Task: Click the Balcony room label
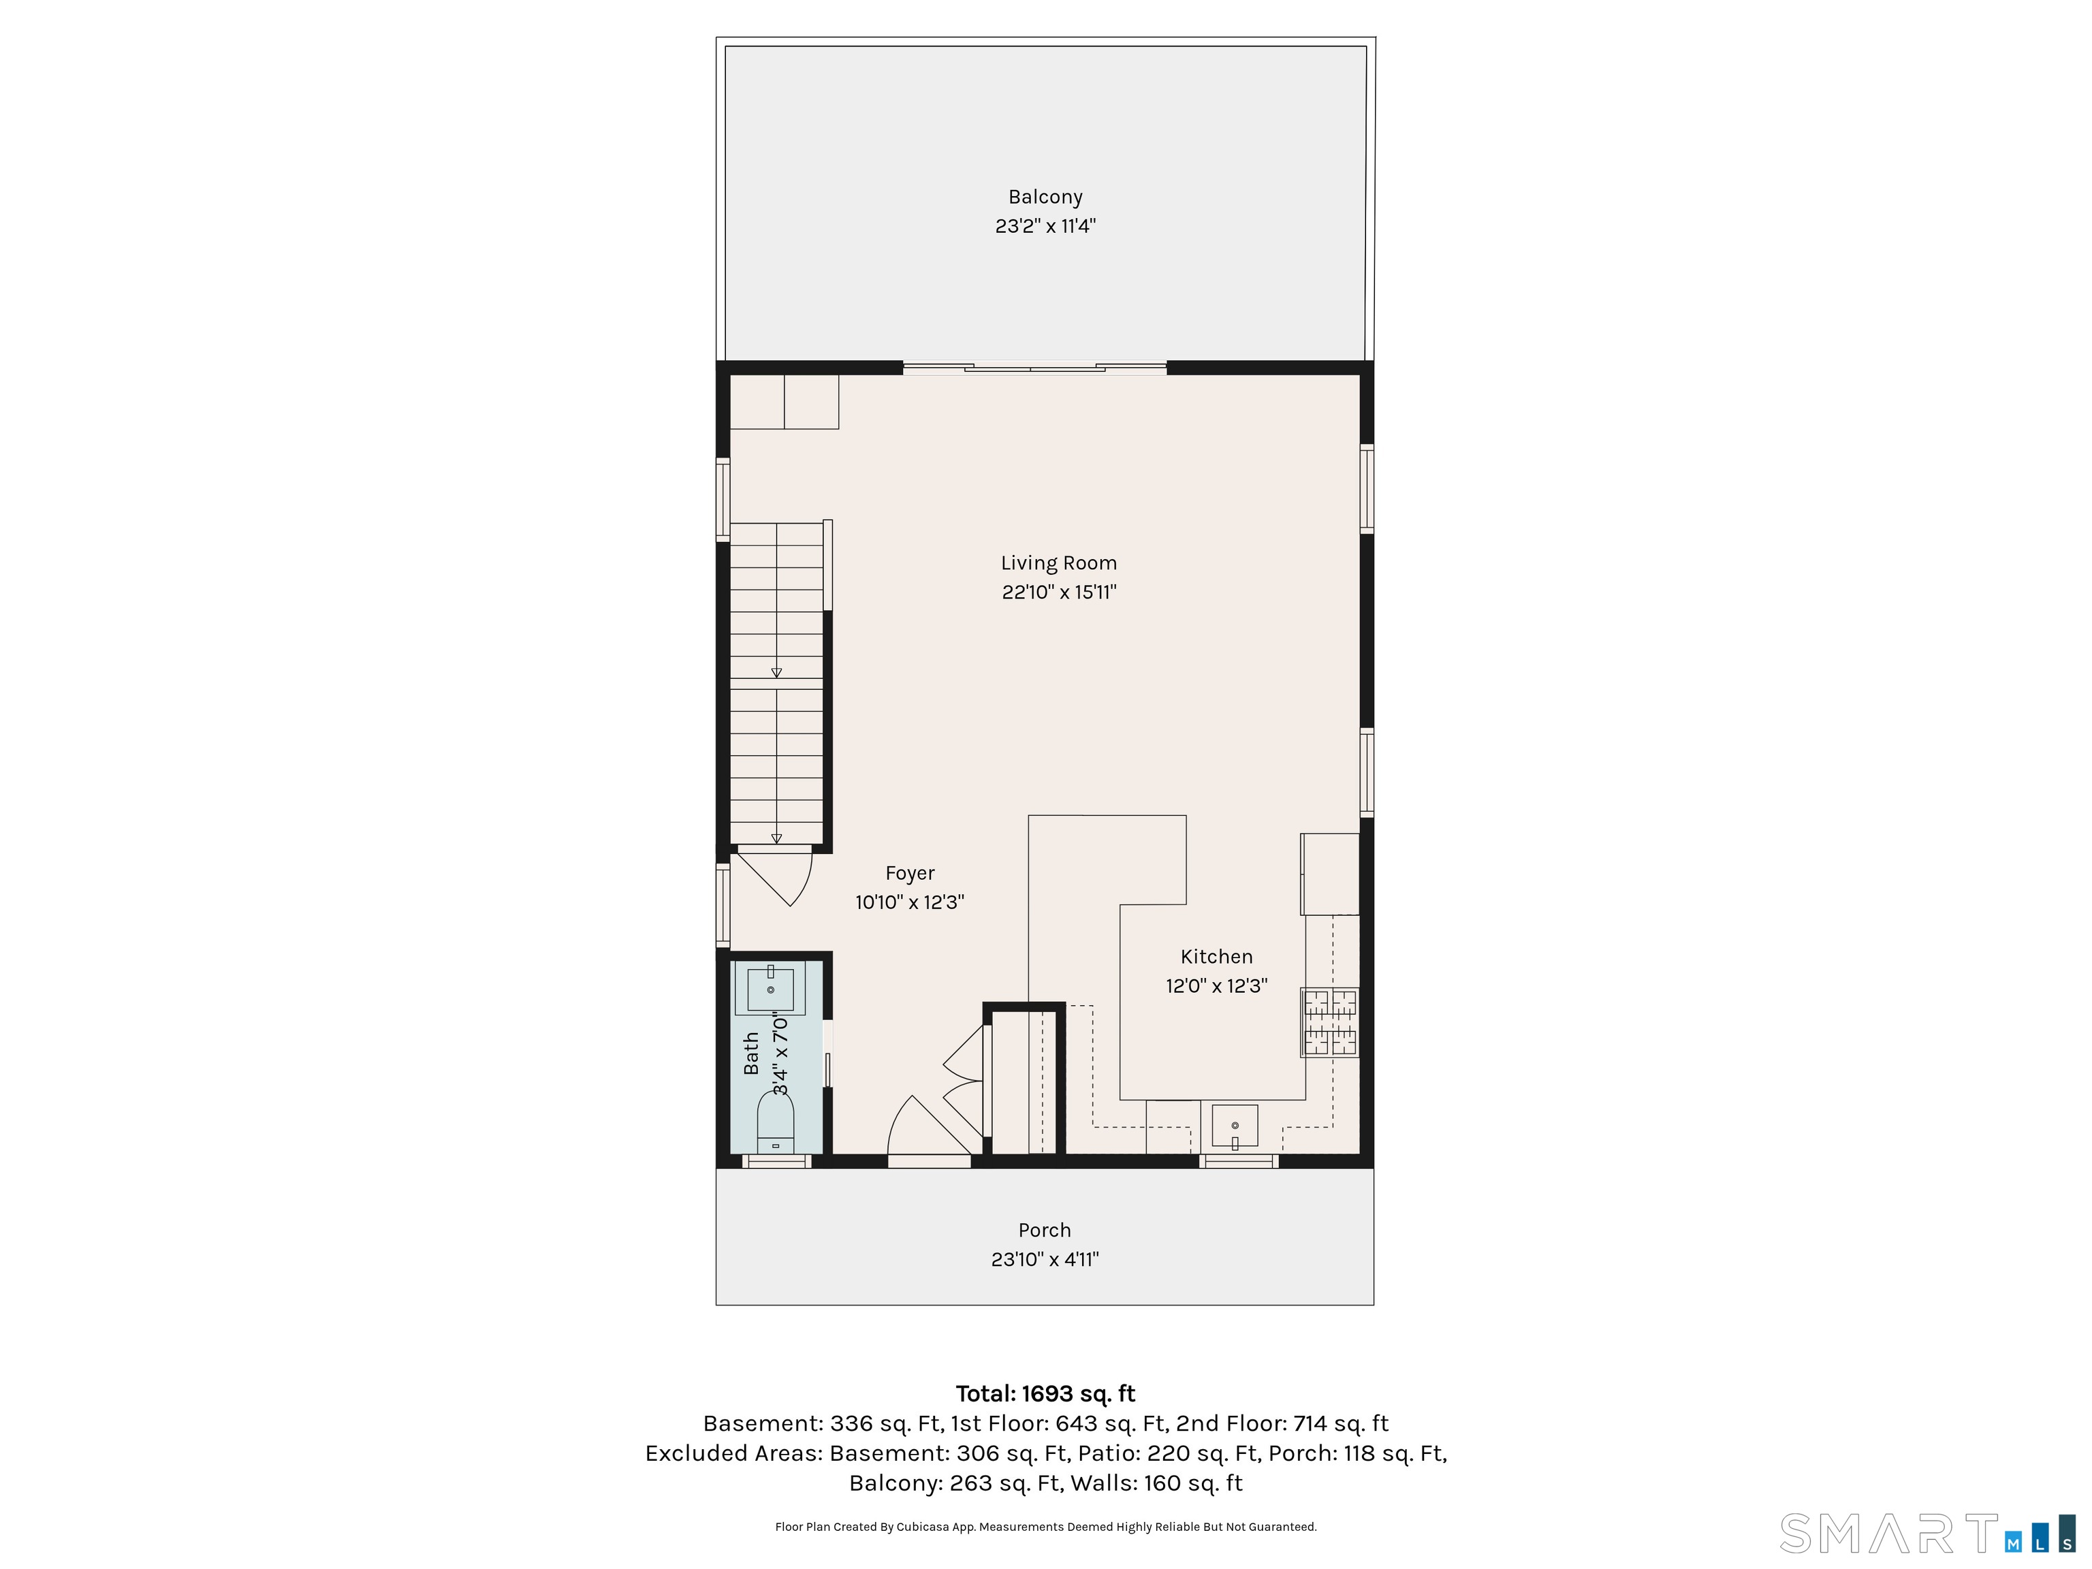(x=1045, y=197)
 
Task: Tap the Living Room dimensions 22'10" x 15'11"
(x=1059, y=592)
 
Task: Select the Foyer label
(x=910, y=873)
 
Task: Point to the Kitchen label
(x=1216, y=956)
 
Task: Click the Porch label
(x=1045, y=1229)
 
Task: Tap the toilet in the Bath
(x=776, y=1122)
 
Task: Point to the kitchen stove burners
(x=1331, y=1021)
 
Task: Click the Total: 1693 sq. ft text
(x=1045, y=1394)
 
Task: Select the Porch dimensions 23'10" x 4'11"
(x=1045, y=1258)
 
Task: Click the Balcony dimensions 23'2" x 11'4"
(x=1045, y=226)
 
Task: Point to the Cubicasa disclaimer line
(x=1045, y=1527)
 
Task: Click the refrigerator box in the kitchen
(x=1330, y=874)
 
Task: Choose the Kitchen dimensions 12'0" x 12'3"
(x=1216, y=985)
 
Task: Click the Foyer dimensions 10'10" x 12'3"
(x=910, y=902)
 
